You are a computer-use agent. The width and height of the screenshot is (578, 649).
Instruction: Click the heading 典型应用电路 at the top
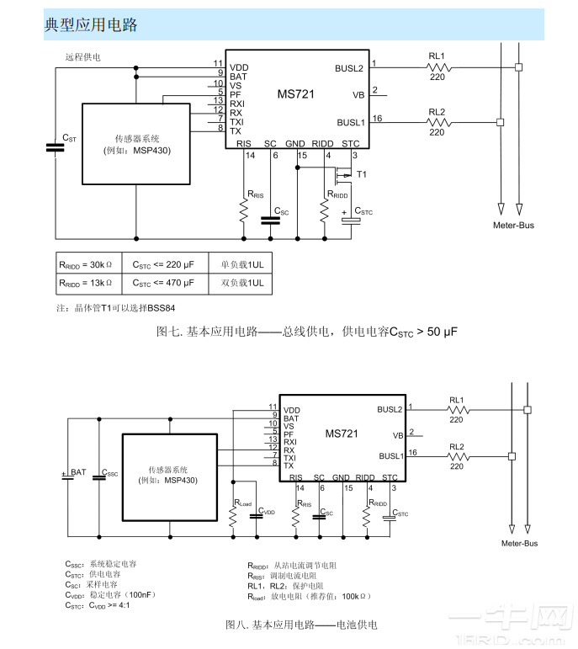[x=91, y=25]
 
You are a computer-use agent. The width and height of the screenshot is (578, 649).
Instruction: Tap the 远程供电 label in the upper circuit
[x=83, y=57]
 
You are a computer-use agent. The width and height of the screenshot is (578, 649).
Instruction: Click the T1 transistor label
[x=362, y=174]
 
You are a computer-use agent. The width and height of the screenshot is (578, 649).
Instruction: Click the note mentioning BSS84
[x=116, y=308]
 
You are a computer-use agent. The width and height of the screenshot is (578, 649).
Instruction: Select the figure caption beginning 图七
[x=306, y=332]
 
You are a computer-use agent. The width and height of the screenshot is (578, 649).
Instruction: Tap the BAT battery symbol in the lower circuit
[x=66, y=476]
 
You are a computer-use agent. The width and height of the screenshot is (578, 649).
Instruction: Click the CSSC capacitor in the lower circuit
[x=98, y=476]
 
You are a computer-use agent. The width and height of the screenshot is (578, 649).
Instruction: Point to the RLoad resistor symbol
[x=233, y=514]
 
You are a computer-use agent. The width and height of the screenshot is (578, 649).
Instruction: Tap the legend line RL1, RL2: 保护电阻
[x=285, y=586]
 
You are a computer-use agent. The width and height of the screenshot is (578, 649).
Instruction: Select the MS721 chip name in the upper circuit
[x=295, y=95]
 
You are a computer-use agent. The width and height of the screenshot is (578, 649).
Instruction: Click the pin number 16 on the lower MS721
[x=412, y=453]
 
